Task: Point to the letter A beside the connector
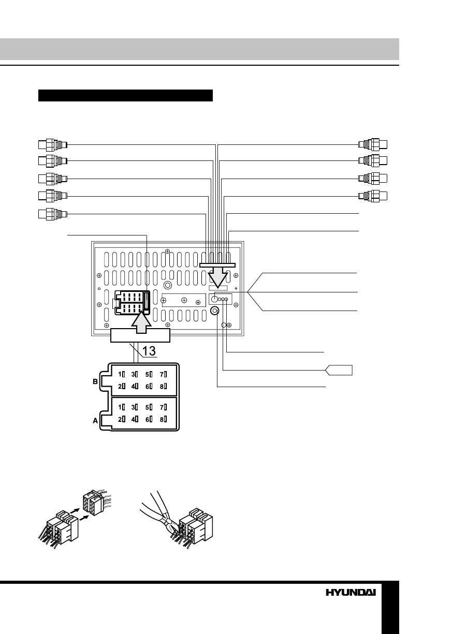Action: tap(95, 421)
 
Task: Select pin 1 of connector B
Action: tap(122, 374)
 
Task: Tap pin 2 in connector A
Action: tap(122, 419)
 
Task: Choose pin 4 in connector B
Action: tap(135, 386)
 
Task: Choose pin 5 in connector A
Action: tap(149, 407)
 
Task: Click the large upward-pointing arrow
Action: tap(140, 327)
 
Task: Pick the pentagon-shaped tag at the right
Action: tap(339, 370)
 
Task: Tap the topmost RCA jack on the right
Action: tap(374, 144)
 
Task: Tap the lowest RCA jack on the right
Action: tap(374, 196)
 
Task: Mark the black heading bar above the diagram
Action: tap(126, 96)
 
